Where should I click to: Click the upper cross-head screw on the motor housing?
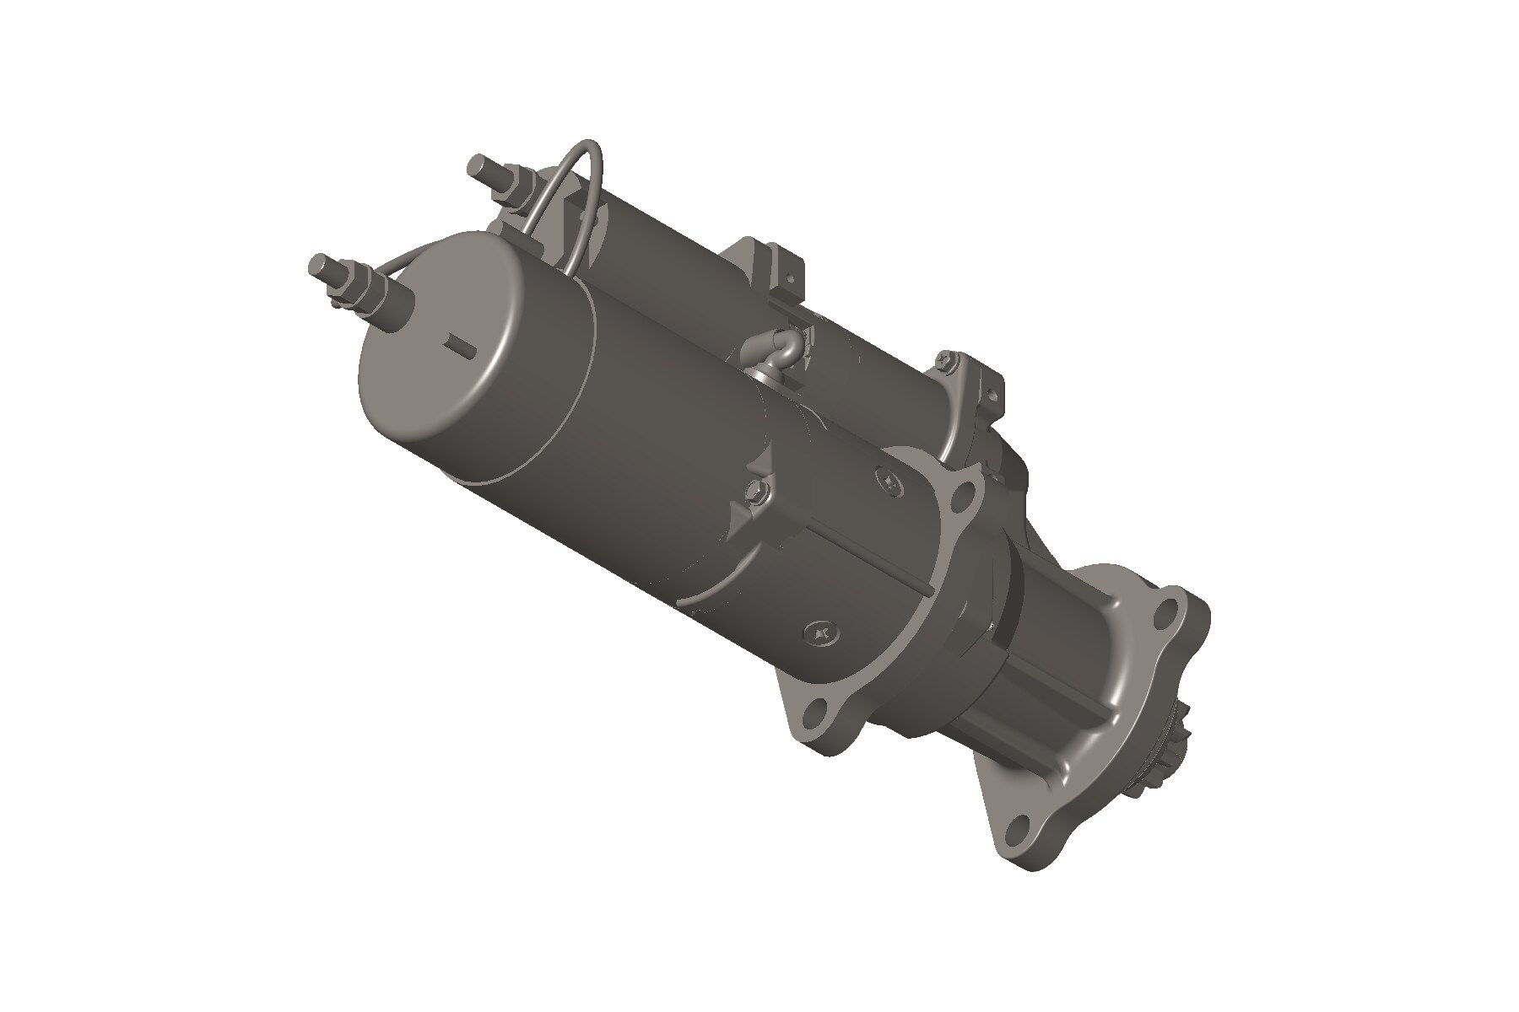891,480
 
